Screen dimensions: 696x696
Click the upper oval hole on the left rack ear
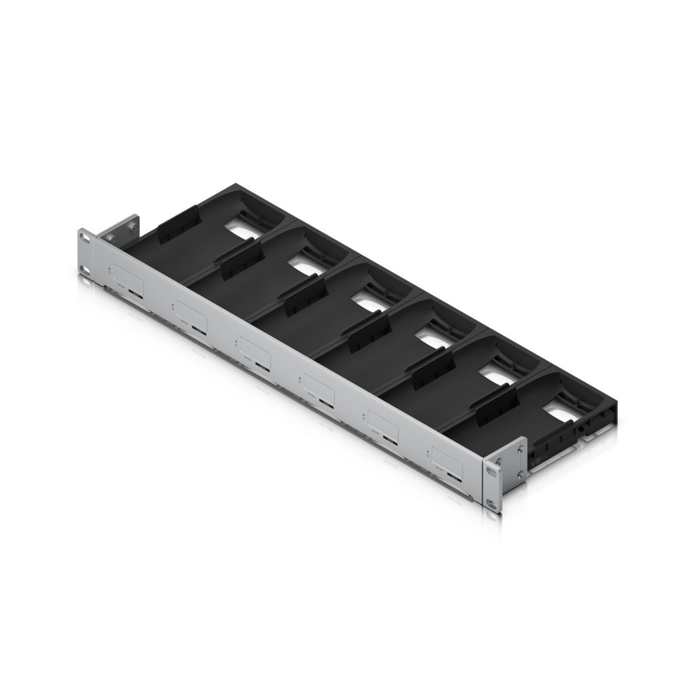tap(84, 239)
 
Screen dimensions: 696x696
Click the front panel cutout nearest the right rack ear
tap(448, 459)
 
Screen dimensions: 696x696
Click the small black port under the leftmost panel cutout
tap(137, 295)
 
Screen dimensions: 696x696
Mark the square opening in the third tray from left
tap(371, 299)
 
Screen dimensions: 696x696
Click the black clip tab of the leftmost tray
tap(178, 229)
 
